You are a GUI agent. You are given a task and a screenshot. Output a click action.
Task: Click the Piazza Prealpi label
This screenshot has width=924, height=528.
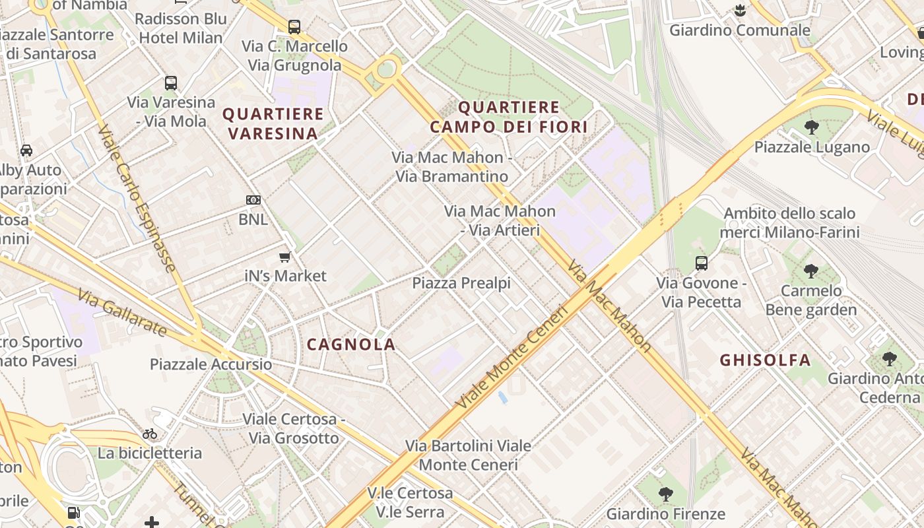(461, 283)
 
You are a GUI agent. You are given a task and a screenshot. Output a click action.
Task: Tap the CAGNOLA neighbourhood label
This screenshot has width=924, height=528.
(351, 344)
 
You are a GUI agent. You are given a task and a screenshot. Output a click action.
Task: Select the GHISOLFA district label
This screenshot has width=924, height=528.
(765, 360)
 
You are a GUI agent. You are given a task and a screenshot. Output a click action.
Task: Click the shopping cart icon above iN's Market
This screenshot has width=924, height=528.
(285, 257)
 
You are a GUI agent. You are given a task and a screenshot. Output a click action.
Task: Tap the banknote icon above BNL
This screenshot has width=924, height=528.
(253, 200)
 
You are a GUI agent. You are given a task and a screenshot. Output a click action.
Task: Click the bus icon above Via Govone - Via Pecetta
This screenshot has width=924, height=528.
(701, 263)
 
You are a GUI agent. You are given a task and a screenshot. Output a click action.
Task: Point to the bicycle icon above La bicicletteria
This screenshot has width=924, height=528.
(150, 434)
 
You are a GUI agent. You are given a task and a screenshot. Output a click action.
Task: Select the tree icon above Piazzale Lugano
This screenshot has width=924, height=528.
(811, 127)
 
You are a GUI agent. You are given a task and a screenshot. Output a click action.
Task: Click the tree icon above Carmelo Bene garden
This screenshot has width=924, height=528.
(810, 271)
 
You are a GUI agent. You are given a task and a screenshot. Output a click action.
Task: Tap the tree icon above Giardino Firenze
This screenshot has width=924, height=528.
(665, 494)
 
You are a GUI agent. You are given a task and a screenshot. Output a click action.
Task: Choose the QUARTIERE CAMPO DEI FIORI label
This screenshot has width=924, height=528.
(508, 117)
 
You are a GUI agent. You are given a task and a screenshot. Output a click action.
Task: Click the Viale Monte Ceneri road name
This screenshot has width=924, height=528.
(511, 356)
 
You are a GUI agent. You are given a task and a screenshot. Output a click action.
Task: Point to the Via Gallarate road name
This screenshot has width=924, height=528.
(121, 312)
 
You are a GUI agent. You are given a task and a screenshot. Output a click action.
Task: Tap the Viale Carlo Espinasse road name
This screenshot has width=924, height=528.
(137, 198)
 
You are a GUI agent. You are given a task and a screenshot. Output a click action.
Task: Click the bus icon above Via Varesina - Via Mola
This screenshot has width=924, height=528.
(171, 82)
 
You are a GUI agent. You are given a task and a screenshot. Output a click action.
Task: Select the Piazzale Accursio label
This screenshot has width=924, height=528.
(211, 364)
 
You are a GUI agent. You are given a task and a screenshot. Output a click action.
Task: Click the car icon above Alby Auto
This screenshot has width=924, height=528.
(26, 150)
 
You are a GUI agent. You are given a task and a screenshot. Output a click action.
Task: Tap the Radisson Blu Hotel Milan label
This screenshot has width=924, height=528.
(180, 28)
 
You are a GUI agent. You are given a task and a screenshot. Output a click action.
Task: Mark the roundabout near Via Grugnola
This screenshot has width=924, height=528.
(387, 68)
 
